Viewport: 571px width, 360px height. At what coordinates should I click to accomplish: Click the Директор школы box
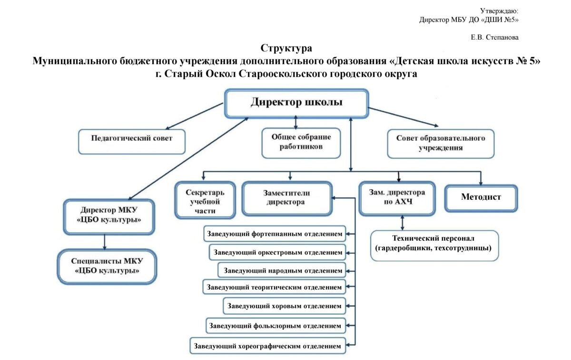point(297,103)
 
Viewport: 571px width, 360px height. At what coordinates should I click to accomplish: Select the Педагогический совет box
point(132,142)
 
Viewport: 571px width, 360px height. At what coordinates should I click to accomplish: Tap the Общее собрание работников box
point(301,143)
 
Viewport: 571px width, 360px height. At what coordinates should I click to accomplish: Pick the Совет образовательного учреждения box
point(441,144)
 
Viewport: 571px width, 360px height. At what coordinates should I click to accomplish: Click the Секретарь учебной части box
point(205,200)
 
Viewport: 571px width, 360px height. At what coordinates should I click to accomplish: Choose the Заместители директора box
point(287,198)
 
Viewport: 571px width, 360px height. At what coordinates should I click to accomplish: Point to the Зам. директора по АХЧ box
point(397,198)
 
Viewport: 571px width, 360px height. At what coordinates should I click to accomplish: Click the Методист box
point(481,198)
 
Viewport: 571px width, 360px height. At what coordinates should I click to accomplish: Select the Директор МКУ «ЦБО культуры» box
point(109,217)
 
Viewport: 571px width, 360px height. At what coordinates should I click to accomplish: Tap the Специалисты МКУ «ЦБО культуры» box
point(107,266)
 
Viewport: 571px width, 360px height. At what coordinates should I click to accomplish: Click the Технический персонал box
point(434,245)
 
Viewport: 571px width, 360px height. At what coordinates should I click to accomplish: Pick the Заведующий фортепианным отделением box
point(275,234)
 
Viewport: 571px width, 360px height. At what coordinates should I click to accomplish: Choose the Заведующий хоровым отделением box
point(284,306)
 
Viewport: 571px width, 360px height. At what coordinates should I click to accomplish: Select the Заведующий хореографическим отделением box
point(267,346)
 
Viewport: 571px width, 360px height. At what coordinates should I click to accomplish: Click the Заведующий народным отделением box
point(282,270)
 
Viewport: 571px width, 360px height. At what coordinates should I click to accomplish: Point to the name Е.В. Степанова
point(494,38)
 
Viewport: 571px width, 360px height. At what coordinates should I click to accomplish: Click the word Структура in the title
point(286,48)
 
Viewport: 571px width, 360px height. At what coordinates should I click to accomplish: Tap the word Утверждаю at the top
point(499,11)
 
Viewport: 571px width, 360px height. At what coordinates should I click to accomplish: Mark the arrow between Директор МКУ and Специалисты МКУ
point(105,242)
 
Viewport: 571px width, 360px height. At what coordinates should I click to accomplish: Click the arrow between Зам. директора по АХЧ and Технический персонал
point(402,223)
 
